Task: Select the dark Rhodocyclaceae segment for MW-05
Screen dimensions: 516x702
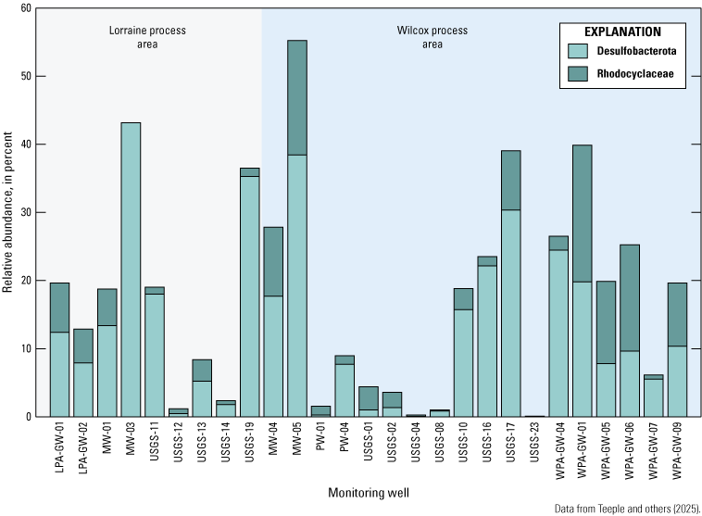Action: click(297, 97)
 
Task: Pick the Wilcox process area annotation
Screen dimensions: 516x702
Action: click(420, 37)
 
